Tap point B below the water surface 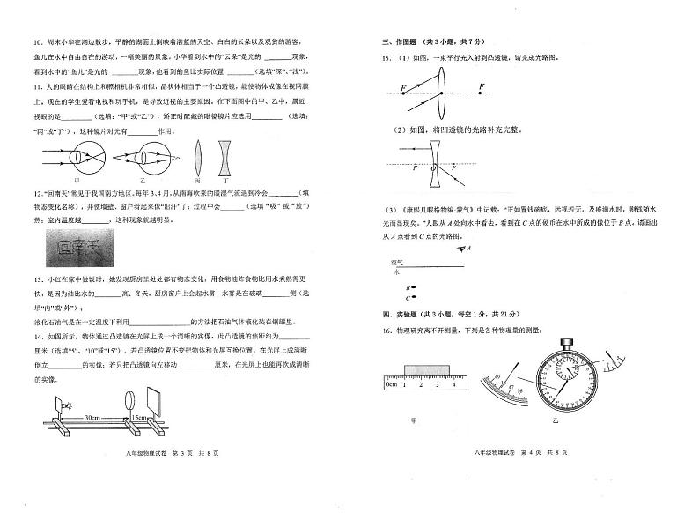pos(411,287)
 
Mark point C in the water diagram pos(411,298)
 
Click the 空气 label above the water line pos(396,262)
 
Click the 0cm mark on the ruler pos(391,384)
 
